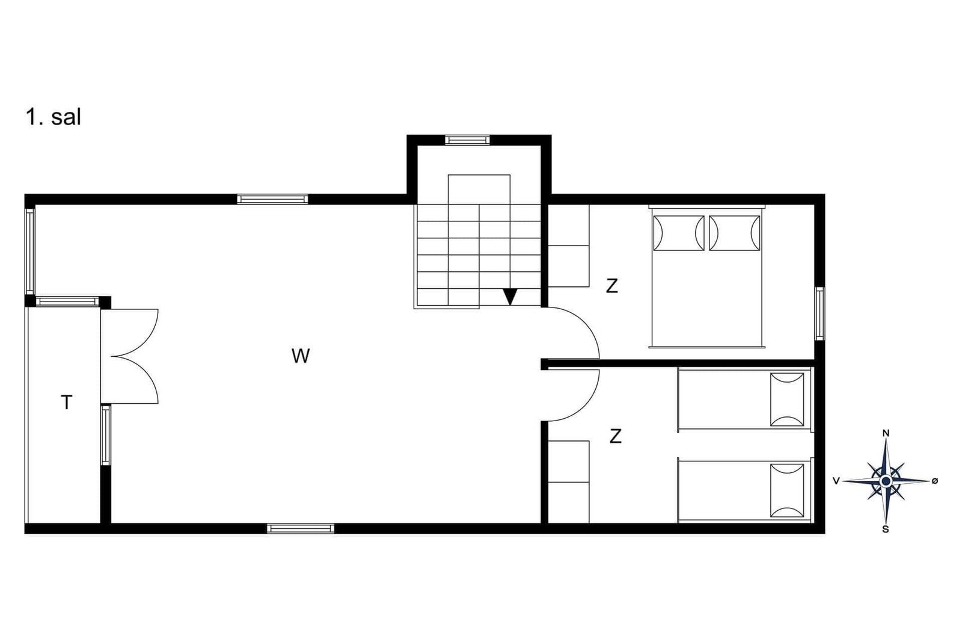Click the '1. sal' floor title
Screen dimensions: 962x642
coord(54,117)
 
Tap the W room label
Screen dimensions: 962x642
coord(300,356)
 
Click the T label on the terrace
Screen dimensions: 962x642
coord(67,403)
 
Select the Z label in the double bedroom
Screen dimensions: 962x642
coord(612,286)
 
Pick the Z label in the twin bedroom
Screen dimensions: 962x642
coord(616,436)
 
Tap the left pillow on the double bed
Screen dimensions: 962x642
coord(679,233)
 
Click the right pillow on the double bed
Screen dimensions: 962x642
coord(734,233)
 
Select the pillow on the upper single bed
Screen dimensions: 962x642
coord(787,400)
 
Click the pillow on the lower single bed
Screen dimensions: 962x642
coord(787,491)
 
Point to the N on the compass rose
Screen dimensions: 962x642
coord(886,433)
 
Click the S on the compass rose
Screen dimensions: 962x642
coord(886,529)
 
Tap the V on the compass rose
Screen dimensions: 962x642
coord(836,481)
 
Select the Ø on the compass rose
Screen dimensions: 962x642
coord(935,481)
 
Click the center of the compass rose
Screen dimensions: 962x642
coord(886,481)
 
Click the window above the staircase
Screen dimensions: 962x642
coord(467,140)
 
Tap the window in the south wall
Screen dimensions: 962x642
coord(301,528)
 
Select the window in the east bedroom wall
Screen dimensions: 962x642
coord(820,313)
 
